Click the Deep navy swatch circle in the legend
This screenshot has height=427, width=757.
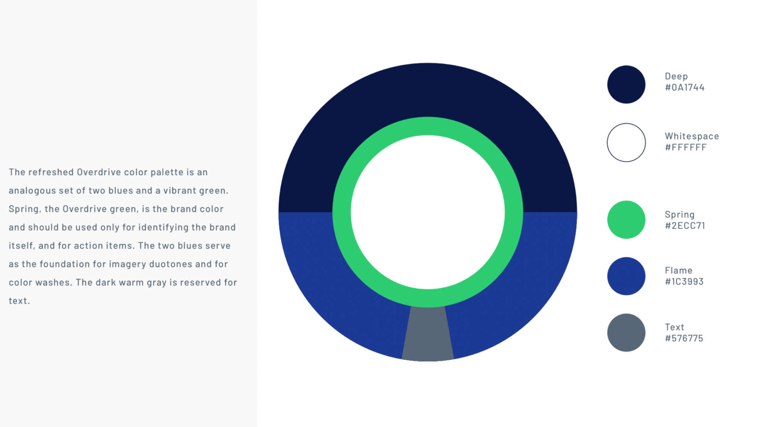tap(626, 84)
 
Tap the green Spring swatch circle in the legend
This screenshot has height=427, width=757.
tap(626, 220)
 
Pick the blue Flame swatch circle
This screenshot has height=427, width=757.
tap(626, 276)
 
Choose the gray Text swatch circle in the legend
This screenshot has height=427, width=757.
tap(626, 333)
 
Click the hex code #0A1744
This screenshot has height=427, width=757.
tap(685, 87)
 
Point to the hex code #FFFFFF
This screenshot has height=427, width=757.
tap(686, 147)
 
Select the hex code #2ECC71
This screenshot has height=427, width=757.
tap(685, 226)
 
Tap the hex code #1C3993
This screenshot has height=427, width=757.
tap(684, 282)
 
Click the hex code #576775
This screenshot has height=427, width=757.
tap(684, 338)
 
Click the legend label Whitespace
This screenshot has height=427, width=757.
tap(692, 137)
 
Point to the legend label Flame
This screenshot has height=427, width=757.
tap(679, 270)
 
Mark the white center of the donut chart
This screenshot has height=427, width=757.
tap(428, 212)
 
